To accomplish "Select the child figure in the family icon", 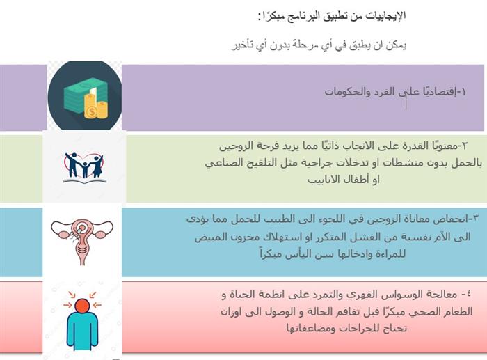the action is point(84,169).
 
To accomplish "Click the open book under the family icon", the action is point(84,180).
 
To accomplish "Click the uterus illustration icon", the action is point(82,240).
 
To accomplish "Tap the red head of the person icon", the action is point(82,305).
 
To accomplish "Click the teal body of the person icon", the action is point(82,330).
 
